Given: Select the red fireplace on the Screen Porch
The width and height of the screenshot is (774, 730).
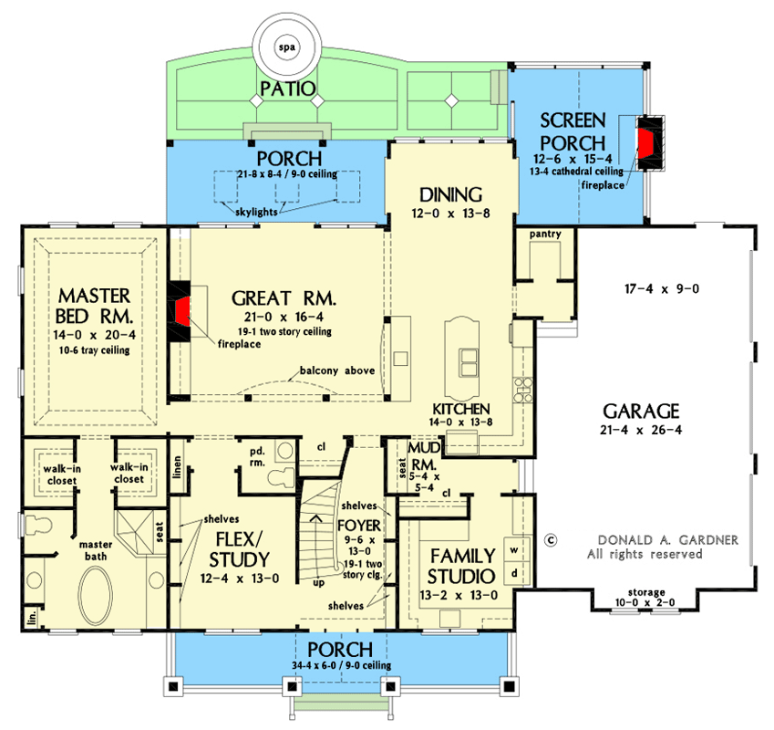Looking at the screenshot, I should [x=646, y=143].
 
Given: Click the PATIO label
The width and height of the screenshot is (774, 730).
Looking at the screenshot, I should [x=287, y=89].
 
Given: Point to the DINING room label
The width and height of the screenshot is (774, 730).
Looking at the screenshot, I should [x=449, y=194].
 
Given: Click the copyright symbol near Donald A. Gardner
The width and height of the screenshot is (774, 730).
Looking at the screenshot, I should [x=550, y=539].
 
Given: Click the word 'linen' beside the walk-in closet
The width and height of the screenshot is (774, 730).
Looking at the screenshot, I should [x=179, y=465].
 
